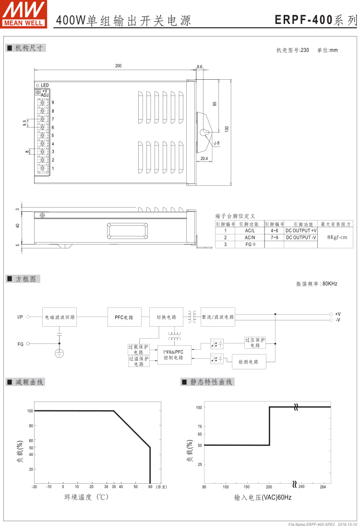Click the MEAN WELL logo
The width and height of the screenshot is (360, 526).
tap(24, 13)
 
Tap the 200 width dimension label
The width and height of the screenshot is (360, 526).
tap(118, 66)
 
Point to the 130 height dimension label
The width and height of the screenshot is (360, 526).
tap(227, 129)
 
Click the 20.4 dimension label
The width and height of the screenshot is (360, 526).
tap(204, 158)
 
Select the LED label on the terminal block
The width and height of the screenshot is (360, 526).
tap(45, 85)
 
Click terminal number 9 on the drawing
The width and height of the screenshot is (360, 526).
tap(53, 102)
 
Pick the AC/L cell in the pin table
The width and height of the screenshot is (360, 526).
tap(250, 231)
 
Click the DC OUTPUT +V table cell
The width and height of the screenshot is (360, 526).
tap(301, 231)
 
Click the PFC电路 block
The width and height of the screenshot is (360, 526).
tap(124, 318)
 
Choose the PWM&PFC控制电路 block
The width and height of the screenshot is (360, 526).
tap(174, 355)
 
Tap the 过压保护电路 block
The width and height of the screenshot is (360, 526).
tap(255, 343)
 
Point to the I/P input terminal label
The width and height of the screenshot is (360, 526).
tap(20, 317)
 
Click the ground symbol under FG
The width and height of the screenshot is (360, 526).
tap(60, 355)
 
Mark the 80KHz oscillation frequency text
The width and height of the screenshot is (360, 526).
tap(317, 284)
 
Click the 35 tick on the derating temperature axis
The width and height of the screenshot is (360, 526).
tap(113, 487)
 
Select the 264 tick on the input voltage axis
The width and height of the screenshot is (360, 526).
tap(323, 487)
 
